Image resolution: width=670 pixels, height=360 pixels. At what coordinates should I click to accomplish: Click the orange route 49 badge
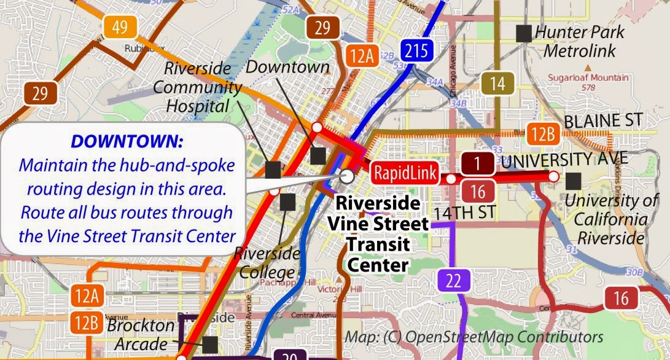[x=120, y=26]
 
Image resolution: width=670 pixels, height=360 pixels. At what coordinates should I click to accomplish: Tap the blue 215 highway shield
[x=416, y=50]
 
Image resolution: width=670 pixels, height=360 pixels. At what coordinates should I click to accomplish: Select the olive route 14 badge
[x=497, y=82]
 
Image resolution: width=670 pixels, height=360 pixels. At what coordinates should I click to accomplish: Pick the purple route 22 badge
[x=453, y=281]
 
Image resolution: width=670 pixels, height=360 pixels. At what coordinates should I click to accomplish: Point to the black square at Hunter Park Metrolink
[x=524, y=33]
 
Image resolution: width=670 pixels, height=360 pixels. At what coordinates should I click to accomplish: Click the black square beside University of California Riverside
[x=574, y=180]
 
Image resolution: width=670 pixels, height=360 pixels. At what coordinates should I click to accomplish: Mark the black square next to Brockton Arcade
[x=210, y=344]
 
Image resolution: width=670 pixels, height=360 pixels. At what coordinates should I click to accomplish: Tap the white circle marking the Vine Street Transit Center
[x=347, y=177]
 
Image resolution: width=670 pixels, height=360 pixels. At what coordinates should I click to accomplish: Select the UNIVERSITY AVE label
[x=564, y=159]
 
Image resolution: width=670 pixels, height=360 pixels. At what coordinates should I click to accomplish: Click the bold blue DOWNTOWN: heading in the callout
[x=127, y=142]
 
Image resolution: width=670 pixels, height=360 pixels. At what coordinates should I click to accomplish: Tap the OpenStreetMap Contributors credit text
[x=473, y=337]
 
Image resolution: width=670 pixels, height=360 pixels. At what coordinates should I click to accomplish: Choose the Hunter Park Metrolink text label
[x=580, y=41]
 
